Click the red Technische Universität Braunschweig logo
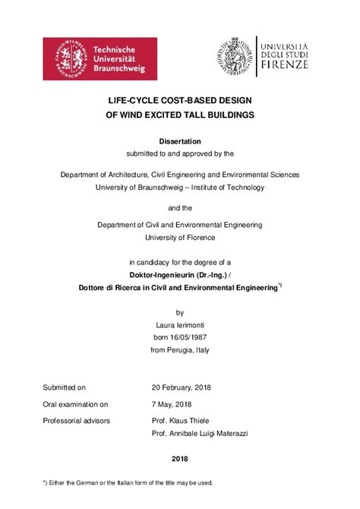pyautogui.click(x=99, y=58)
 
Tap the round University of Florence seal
pyautogui.click(x=236, y=55)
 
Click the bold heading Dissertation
pyautogui.click(x=179, y=141)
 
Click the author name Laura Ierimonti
pyautogui.click(x=180, y=324)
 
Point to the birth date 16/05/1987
pyautogui.click(x=189, y=337)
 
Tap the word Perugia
pyautogui.click(x=181, y=350)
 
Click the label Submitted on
pyautogui.click(x=65, y=387)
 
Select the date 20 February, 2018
pyautogui.click(x=182, y=387)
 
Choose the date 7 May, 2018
pyautogui.click(x=172, y=404)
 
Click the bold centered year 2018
pyautogui.click(x=179, y=459)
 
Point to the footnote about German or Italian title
pyautogui.click(x=128, y=482)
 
